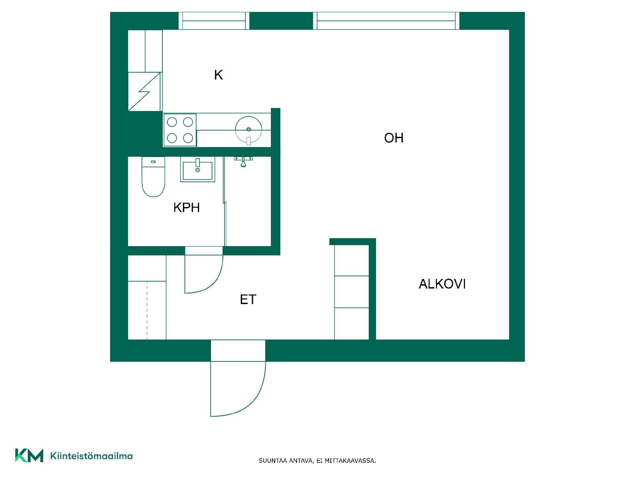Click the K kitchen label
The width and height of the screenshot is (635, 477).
coord(218,75)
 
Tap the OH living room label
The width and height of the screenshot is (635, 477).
coord(394,138)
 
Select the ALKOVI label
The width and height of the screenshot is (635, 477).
coord(442,284)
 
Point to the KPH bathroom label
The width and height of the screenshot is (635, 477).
coord(187,208)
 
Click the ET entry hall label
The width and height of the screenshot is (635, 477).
coord(248,299)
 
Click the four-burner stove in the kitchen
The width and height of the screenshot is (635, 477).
coord(180,130)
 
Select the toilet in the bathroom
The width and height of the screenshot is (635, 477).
coord(153,177)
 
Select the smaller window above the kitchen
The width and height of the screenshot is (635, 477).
coord(214,21)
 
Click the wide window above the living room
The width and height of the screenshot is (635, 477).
coord(386,21)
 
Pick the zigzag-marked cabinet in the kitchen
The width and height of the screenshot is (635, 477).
coord(145,92)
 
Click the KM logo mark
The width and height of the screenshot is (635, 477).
coord(29,455)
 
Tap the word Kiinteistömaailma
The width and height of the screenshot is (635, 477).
coord(92,456)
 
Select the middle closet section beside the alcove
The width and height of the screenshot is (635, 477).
coord(352,292)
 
